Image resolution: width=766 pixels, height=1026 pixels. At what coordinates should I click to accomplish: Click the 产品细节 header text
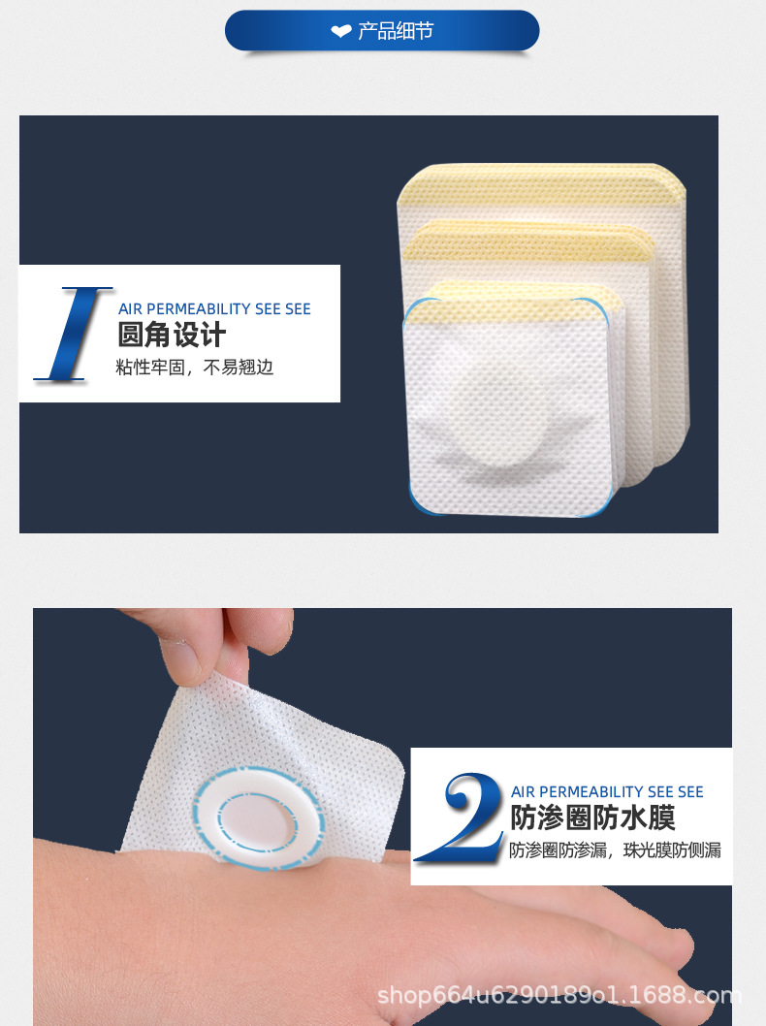point(396,31)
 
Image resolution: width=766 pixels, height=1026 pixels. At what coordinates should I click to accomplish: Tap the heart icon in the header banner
point(340,32)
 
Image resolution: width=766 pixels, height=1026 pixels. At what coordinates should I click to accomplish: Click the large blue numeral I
point(73,333)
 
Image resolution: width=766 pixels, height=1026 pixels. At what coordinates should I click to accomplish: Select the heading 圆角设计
point(172,336)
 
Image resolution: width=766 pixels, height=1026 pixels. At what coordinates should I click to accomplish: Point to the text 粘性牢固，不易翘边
point(195,369)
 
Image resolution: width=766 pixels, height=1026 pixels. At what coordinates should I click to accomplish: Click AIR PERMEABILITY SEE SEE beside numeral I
point(214,308)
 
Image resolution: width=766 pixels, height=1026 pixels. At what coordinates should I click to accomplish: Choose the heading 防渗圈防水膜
point(592,818)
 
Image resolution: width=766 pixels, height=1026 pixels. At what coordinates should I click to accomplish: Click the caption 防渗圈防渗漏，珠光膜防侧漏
point(615,850)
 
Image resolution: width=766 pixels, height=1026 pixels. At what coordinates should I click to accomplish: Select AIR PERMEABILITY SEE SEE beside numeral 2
point(607,792)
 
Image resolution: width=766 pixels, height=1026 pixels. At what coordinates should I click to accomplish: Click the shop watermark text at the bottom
point(559,995)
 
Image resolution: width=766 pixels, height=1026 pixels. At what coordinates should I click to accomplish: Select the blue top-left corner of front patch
point(413,310)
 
